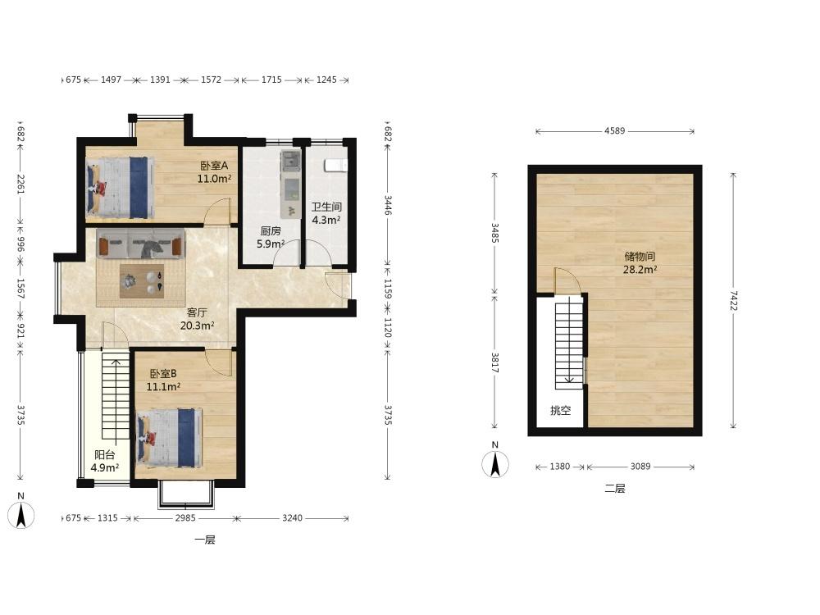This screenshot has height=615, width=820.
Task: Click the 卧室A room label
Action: point(214,166)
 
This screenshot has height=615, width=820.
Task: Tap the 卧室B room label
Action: point(163,374)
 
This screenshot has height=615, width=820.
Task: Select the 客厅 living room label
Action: point(197,312)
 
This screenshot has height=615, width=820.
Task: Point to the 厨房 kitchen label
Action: point(271,230)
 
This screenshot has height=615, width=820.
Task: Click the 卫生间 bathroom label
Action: point(326,207)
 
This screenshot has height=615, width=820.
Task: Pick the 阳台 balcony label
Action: point(105,455)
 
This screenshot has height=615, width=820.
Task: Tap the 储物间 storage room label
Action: point(640,257)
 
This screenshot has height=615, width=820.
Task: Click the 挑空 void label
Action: point(560,411)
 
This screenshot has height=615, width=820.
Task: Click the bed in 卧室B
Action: point(169,438)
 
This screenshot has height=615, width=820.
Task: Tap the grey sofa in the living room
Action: point(141,244)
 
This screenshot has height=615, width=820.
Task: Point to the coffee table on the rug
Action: point(142,281)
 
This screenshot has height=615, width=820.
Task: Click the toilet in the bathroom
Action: point(335,166)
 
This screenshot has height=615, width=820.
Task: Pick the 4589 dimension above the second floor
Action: point(614,130)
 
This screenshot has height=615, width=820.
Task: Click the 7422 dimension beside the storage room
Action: point(733,301)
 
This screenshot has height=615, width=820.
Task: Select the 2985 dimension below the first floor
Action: point(185,517)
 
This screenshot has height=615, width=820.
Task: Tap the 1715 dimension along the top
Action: point(271,80)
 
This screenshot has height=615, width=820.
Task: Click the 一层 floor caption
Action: point(205,540)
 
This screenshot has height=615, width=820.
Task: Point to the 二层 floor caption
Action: point(615,489)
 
